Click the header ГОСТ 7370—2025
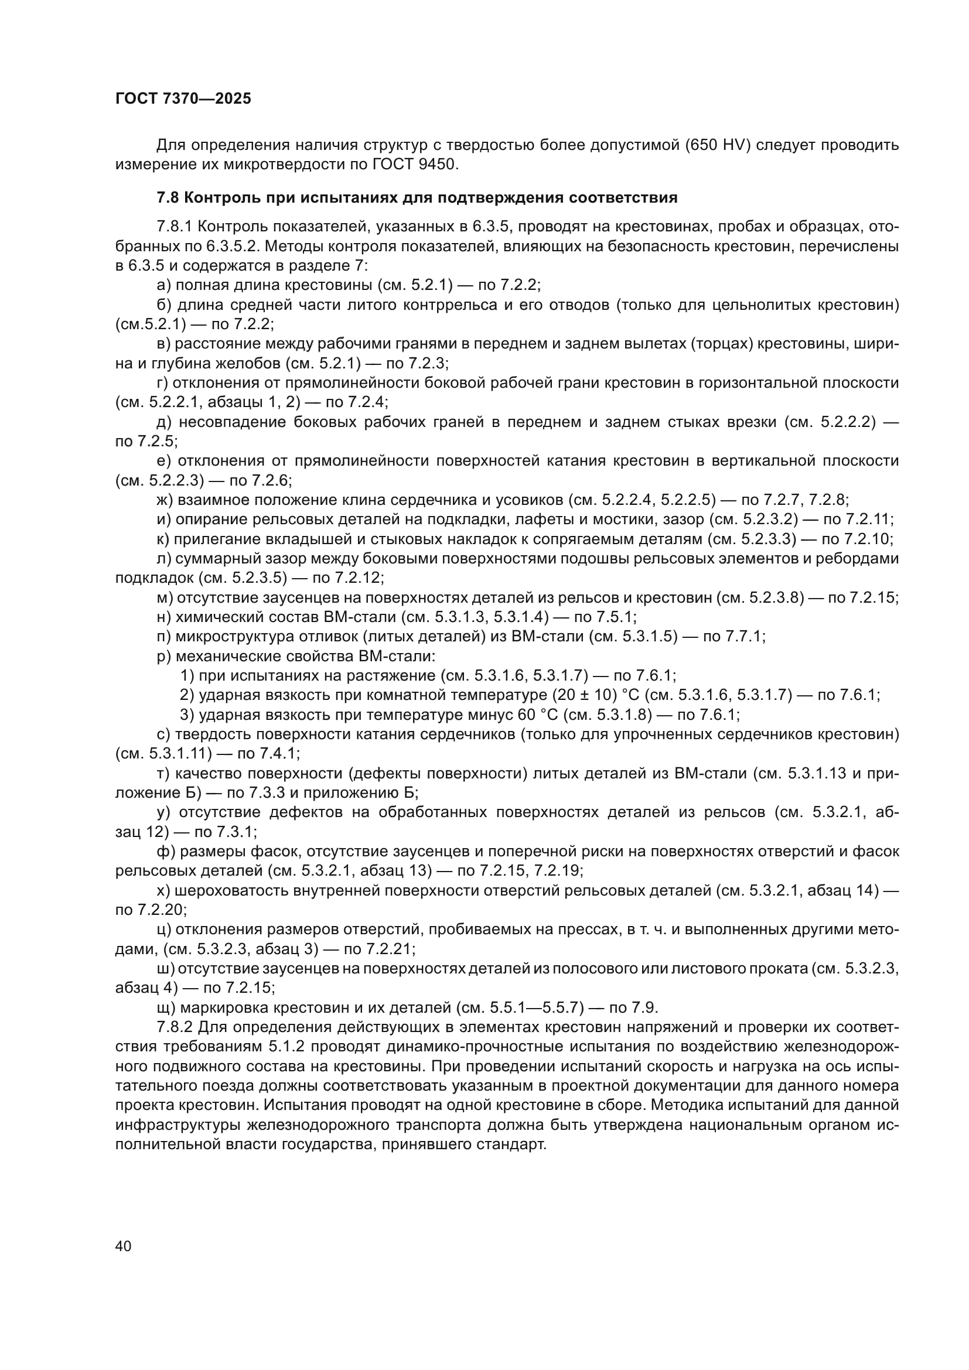pos(183,99)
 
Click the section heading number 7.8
pos(168,198)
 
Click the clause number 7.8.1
pos(173,227)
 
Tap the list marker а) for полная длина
pos(163,285)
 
